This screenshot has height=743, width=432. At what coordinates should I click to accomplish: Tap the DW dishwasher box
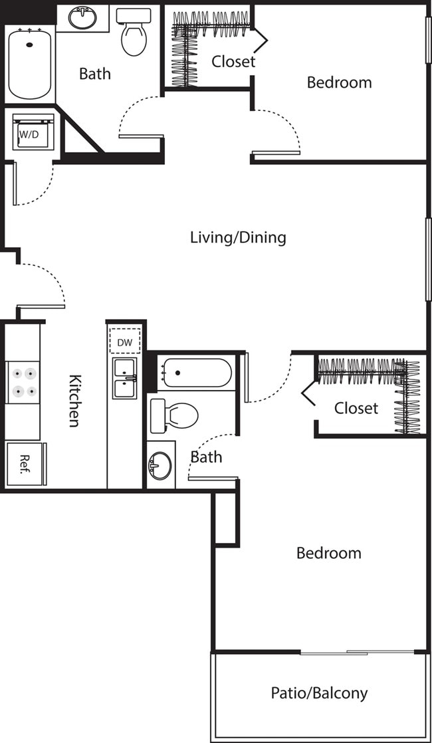[x=124, y=342]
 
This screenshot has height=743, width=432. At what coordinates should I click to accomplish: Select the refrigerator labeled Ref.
[x=24, y=464]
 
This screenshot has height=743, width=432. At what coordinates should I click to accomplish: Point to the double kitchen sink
[x=124, y=378]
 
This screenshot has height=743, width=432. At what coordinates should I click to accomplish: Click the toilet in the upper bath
[x=134, y=33]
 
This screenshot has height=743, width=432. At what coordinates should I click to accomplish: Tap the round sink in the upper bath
[x=82, y=19]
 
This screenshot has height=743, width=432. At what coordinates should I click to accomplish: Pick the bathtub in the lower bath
[x=195, y=373]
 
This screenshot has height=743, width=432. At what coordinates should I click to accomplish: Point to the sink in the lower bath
[x=160, y=465]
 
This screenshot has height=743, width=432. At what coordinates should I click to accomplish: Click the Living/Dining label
[x=238, y=237]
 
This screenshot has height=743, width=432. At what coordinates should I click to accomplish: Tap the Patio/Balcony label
[x=319, y=693]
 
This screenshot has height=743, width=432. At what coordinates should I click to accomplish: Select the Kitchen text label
[x=76, y=400]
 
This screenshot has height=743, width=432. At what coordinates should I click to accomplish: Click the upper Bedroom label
[x=339, y=82]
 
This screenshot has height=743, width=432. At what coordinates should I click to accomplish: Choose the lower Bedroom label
[x=328, y=553]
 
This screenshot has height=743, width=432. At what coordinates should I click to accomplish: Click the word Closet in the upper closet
[x=233, y=62]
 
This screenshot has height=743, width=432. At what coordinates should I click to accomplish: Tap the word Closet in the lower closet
[x=356, y=408]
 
